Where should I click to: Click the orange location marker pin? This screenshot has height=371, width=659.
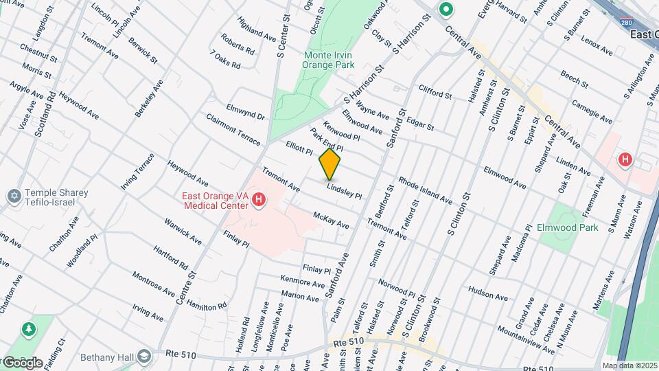[329, 164]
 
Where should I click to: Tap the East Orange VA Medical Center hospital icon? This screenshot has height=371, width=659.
[259, 201]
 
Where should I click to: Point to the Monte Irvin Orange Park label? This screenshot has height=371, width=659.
[329, 60]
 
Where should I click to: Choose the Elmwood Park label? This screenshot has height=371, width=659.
[568, 227]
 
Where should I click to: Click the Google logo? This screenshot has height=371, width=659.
[23, 362]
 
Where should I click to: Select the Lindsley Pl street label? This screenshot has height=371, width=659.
[344, 190]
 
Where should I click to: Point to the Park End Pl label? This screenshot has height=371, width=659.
[326, 139]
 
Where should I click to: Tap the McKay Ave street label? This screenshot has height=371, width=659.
[331, 221]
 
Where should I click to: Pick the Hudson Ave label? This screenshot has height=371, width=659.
[488, 293]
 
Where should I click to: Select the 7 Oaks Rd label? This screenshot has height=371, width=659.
[225, 60]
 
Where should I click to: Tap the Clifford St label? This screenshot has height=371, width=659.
[435, 93]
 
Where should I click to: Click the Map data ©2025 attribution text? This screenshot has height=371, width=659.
[629, 366]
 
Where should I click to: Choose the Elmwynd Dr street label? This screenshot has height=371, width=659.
[245, 112]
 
